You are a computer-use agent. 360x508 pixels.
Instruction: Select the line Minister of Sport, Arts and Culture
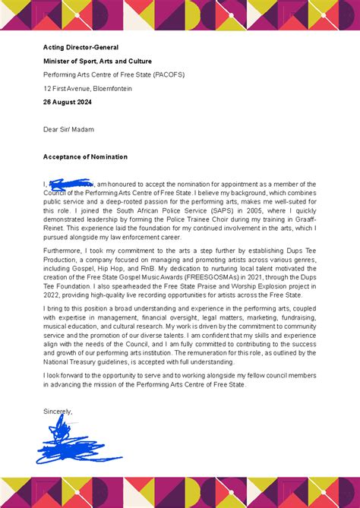pyautogui.click(x=97, y=61)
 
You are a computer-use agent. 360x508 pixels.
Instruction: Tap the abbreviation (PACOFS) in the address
pyautogui.click(x=169, y=74)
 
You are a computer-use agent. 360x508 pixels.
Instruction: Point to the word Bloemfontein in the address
pyautogui.click(x=112, y=88)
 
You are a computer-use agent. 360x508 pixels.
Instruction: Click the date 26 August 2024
pyautogui.click(x=73, y=102)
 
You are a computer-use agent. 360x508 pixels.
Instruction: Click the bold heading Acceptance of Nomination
pyautogui.click(x=85, y=156)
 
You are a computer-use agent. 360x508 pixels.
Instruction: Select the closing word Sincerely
pyautogui.click(x=58, y=412)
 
